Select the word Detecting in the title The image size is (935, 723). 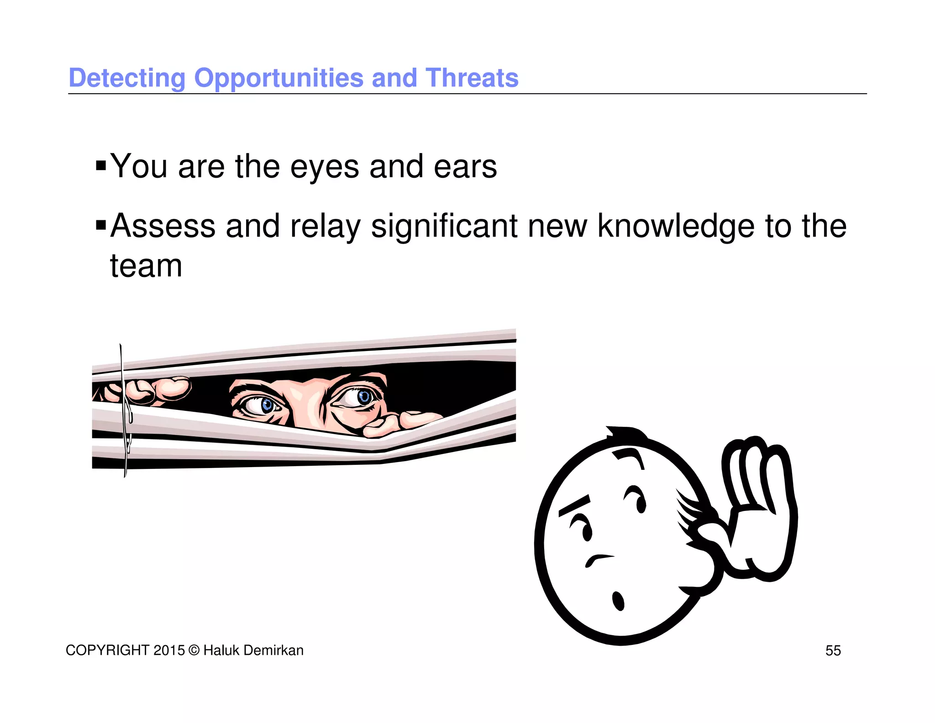(127, 78)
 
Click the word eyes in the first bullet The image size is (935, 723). (325, 167)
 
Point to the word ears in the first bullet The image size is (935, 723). (465, 167)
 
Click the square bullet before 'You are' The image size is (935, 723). (101, 165)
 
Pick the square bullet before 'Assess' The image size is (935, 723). (101, 224)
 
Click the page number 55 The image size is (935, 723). (833, 650)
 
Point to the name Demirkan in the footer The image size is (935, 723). (276, 650)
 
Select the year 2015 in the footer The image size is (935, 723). (169, 650)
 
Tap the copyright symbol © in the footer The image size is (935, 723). (194, 650)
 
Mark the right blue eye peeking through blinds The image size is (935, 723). (364, 396)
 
